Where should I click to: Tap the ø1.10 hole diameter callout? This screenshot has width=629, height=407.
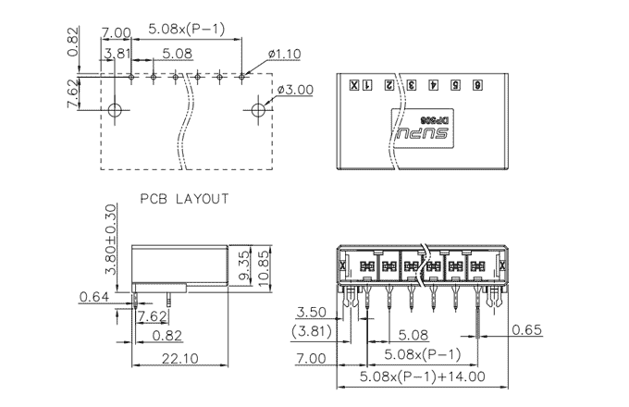click(x=285, y=55)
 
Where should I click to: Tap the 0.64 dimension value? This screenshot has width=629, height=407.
click(x=94, y=298)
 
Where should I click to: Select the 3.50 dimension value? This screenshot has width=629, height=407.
click(x=312, y=313)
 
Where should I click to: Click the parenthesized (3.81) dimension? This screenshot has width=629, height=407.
click(x=311, y=330)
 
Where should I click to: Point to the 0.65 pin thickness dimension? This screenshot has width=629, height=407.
click(x=527, y=330)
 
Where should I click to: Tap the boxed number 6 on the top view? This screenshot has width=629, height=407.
click(x=477, y=86)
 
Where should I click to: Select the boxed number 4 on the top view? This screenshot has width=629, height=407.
click(x=433, y=86)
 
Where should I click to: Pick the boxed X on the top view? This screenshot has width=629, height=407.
click(x=353, y=86)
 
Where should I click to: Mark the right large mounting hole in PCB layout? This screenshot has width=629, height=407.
click(x=257, y=110)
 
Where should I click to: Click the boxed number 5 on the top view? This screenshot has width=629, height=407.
click(x=455, y=86)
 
